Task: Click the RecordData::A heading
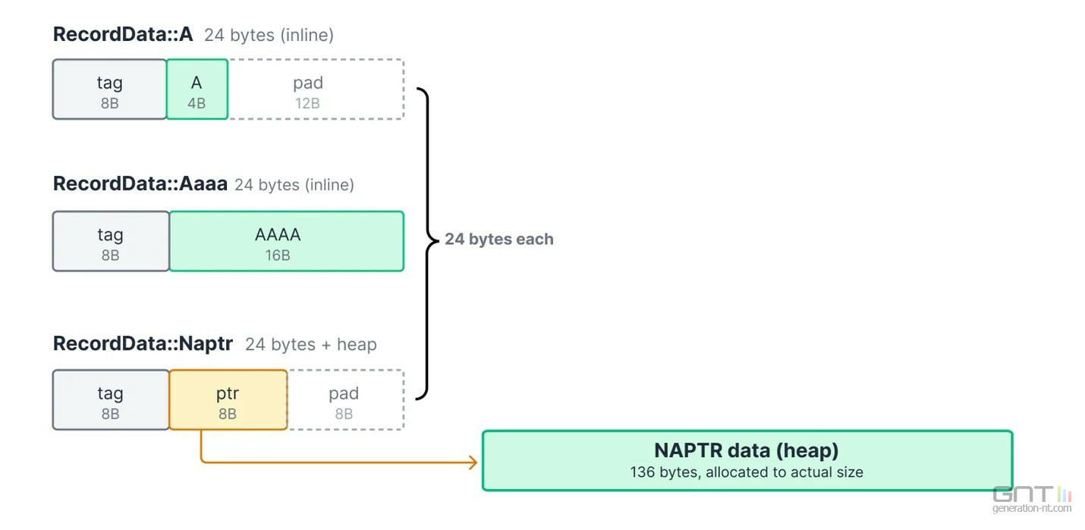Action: (x=123, y=34)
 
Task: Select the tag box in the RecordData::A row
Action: (x=109, y=89)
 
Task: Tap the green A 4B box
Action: (x=197, y=89)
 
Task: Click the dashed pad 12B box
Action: (x=316, y=89)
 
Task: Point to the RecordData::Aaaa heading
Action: (x=140, y=184)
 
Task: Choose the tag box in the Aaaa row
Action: (x=111, y=241)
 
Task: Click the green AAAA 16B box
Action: (x=287, y=241)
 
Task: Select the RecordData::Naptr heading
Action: (x=143, y=343)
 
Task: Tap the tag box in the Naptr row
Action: (x=111, y=400)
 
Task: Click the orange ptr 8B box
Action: (x=228, y=400)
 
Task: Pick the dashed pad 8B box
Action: (x=346, y=400)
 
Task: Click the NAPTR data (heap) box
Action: (x=747, y=460)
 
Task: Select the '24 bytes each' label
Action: (x=499, y=239)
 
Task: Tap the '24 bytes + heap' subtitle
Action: (x=311, y=345)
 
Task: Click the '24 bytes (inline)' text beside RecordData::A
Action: (x=269, y=36)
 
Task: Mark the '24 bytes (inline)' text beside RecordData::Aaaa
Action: (x=294, y=185)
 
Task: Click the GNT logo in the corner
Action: (x=1032, y=494)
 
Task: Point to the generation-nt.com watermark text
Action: (x=1032, y=508)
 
